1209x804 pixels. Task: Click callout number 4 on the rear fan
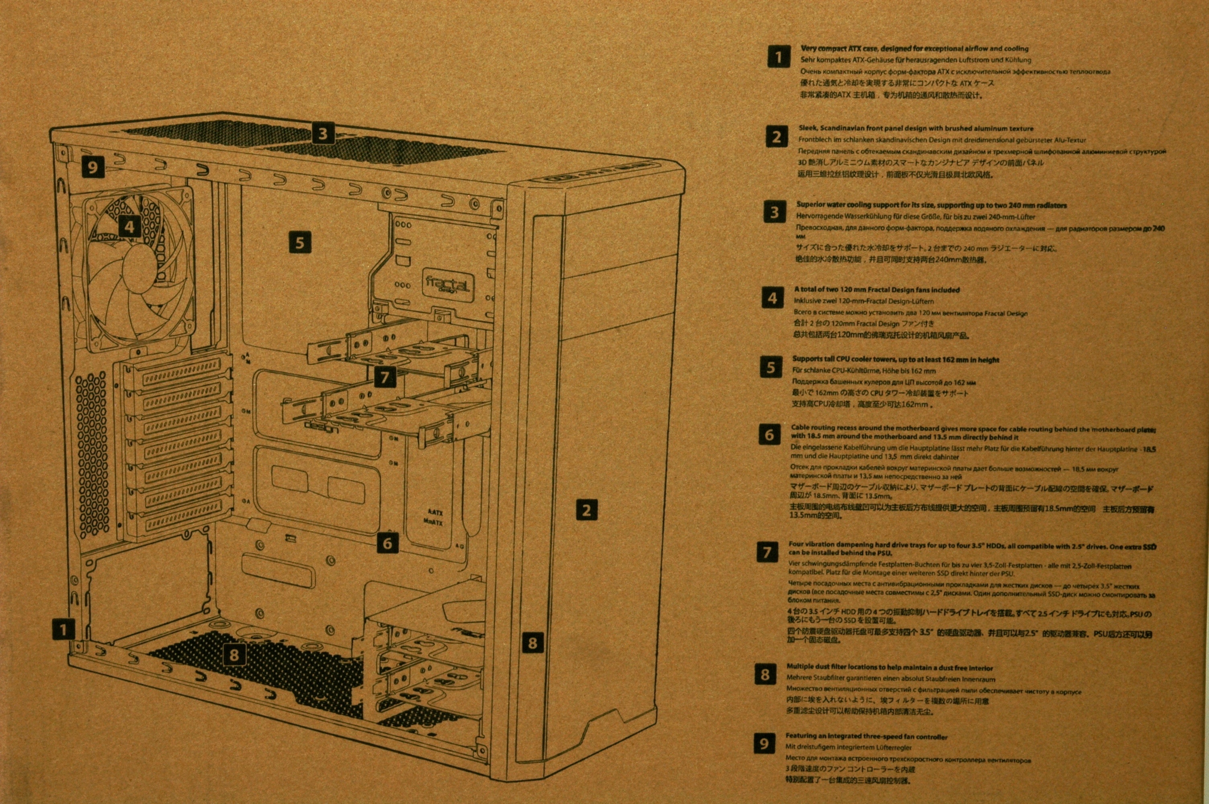pos(130,226)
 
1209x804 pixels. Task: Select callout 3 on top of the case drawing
pos(322,134)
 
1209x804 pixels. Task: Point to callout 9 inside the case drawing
pos(92,167)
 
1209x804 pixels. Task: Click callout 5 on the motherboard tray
pos(300,242)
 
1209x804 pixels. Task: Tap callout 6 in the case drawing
pos(387,543)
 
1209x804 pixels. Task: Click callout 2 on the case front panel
pos(586,510)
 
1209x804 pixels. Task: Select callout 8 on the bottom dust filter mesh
pos(234,654)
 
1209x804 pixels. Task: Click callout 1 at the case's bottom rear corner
pos(64,629)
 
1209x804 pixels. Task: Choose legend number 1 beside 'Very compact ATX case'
pos(779,56)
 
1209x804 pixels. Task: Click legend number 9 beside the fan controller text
pos(764,744)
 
